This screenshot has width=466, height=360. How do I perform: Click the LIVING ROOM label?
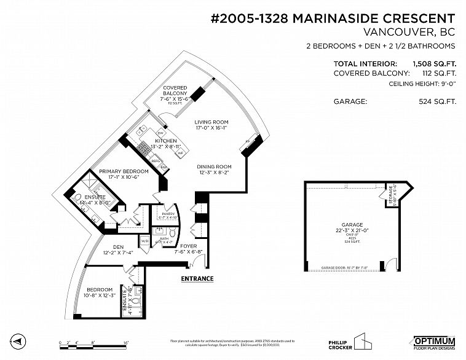[x=211, y=122]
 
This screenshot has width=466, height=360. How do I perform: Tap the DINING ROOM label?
[x=214, y=166]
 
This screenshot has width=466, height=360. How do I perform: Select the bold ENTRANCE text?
[x=197, y=279]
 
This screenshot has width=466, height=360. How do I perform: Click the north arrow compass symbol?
[x=19, y=341]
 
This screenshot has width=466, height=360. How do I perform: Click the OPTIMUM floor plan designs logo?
[x=434, y=343]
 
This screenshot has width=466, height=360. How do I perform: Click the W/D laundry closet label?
[x=144, y=240]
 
